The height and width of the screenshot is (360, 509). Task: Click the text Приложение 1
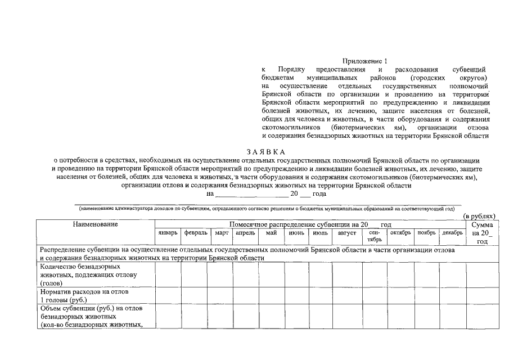(365, 61)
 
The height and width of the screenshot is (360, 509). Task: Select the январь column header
(168, 232)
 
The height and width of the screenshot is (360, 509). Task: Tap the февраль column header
(194, 232)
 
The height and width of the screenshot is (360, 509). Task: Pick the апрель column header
(245, 232)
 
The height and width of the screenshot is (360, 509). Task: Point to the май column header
(272, 232)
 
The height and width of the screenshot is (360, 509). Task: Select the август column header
(347, 232)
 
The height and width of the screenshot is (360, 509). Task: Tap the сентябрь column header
(375, 236)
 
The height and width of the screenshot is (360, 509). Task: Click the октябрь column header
(400, 232)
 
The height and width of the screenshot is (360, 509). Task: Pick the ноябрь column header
(426, 232)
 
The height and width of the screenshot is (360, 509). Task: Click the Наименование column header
(95, 224)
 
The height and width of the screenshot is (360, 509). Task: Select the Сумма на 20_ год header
(482, 232)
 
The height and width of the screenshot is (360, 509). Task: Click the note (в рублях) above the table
(479, 215)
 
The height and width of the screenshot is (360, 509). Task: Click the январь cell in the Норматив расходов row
(168, 295)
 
